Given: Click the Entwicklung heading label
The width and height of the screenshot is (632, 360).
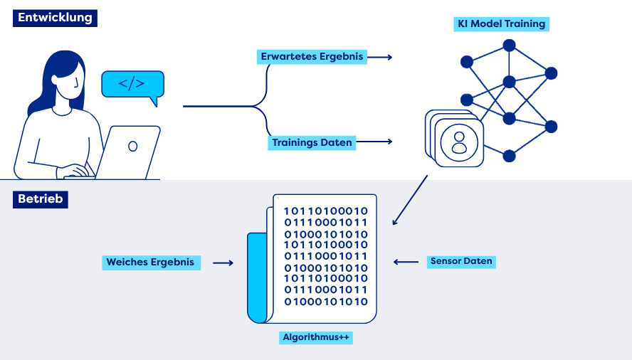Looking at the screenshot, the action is tap(55, 18).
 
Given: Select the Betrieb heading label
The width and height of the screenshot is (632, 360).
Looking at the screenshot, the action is tap(41, 199).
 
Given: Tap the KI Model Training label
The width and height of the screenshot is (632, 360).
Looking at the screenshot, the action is tap(502, 23).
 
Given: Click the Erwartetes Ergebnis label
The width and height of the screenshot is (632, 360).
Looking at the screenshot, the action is tap(312, 57).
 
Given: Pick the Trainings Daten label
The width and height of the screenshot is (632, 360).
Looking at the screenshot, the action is tap(312, 143).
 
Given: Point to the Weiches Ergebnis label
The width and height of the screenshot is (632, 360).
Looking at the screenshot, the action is tap(151, 263).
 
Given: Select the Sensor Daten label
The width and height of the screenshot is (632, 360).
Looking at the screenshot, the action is tap(461, 261).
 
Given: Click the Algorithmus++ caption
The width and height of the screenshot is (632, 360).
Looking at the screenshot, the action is tap(316, 337).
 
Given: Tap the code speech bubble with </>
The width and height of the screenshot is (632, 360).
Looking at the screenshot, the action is tap(132, 85).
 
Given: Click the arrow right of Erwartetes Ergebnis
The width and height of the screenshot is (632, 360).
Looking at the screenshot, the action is tap(379, 57).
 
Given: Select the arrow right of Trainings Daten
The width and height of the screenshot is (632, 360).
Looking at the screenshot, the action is tap(374, 142).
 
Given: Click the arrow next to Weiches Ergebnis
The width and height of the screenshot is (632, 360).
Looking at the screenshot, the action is tap(223, 263).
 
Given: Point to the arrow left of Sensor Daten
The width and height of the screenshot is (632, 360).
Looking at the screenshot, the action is tap(406, 262).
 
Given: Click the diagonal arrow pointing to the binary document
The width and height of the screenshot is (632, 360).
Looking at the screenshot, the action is tap(410, 200).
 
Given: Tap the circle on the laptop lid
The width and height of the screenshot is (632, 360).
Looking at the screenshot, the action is tap(132, 146).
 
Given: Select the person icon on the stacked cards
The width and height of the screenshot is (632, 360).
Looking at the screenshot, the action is tap(459, 142).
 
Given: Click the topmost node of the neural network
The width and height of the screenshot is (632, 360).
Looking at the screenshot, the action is tap(510, 46).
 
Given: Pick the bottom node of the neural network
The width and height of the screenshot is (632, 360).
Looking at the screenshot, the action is tap(510, 156).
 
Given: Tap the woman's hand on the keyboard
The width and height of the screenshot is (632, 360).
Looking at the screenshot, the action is tap(75, 171).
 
